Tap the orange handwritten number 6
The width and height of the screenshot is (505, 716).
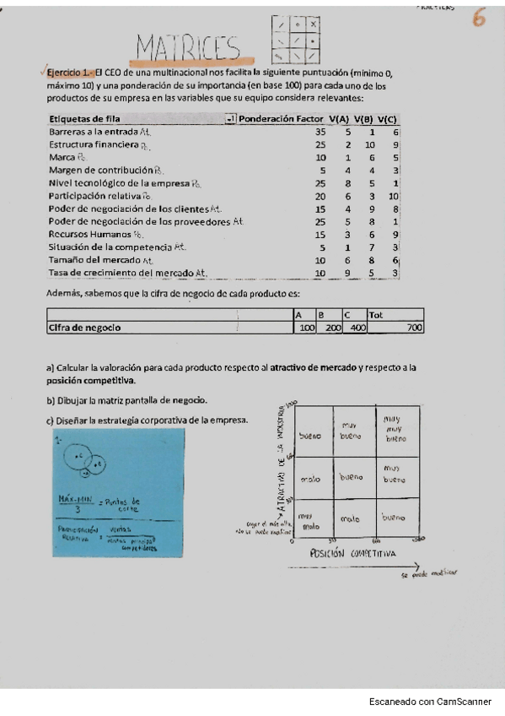[x=479, y=18]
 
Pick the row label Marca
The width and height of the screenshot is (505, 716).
[x=62, y=157]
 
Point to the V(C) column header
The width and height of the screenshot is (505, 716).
[x=388, y=119]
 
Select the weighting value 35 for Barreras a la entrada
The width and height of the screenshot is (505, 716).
[x=320, y=133]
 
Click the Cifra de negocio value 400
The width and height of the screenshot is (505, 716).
[x=357, y=328]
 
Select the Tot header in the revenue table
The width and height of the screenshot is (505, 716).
[x=376, y=315]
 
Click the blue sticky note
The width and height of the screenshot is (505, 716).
[x=119, y=491]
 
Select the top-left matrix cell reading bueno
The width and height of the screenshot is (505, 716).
[x=309, y=436]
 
